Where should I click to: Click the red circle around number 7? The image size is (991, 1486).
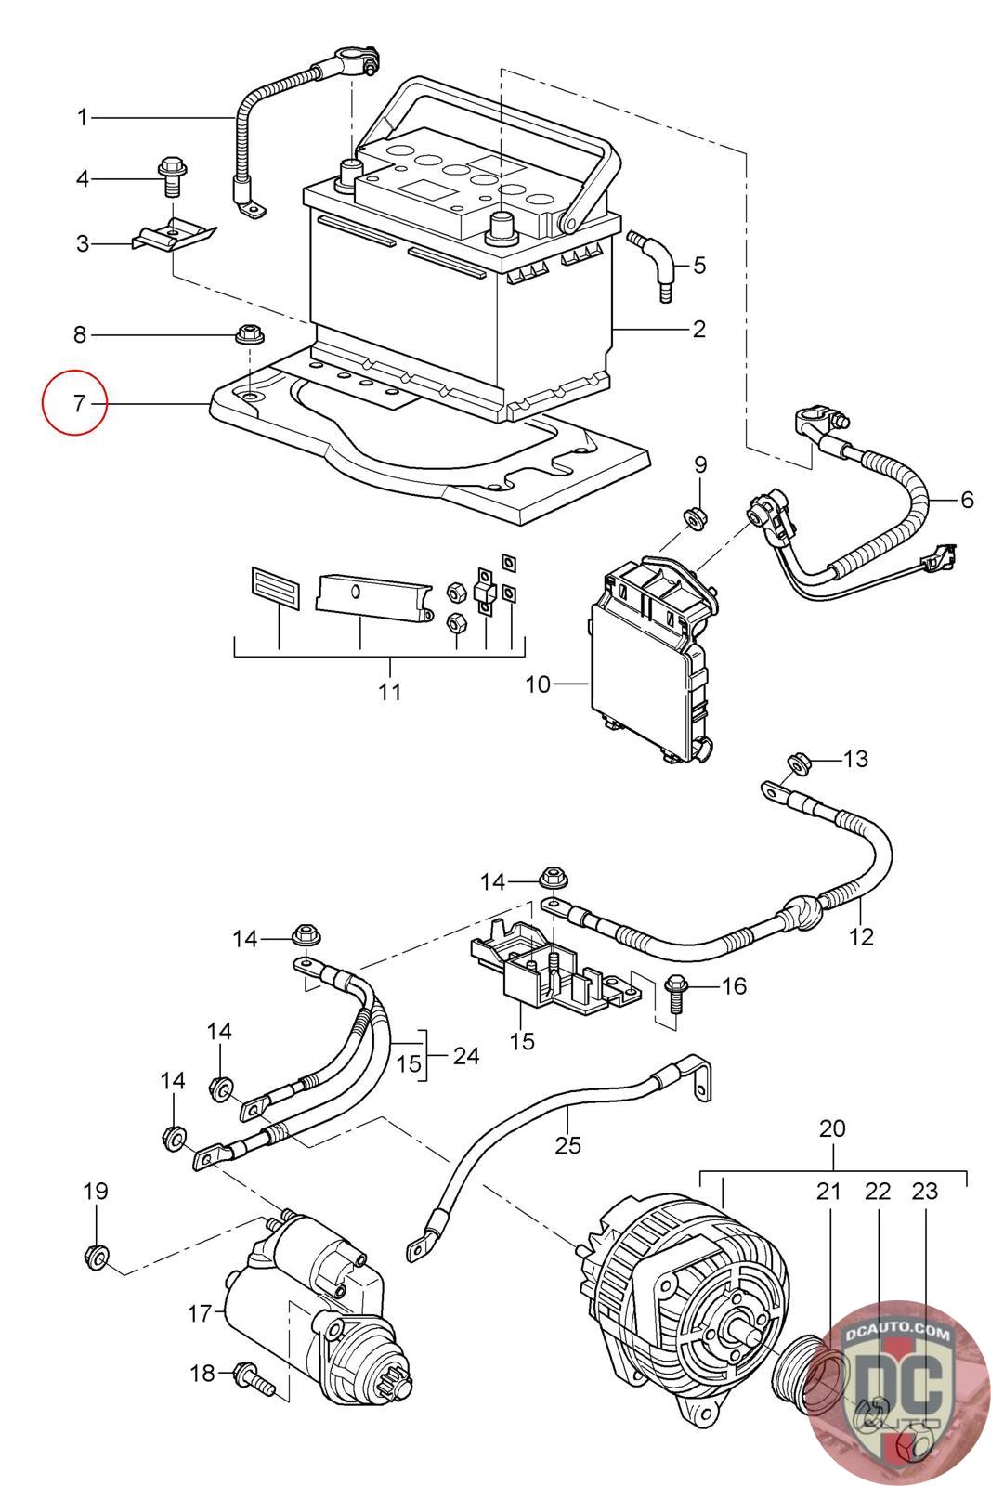pos(75,404)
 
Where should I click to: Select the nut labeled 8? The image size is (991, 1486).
pos(247,332)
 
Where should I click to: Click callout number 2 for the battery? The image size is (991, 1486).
pos(698,329)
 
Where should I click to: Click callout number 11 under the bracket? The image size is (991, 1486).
pos(390,691)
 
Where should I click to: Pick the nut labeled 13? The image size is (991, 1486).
pos(796,763)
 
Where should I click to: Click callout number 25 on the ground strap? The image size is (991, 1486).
pos(567,1145)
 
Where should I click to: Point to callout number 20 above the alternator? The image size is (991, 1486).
pos(832,1129)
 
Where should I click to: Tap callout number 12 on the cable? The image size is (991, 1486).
pos(862,936)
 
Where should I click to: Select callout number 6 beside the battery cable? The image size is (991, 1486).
pos(967,500)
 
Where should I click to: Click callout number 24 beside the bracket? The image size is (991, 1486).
pos(466,1056)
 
